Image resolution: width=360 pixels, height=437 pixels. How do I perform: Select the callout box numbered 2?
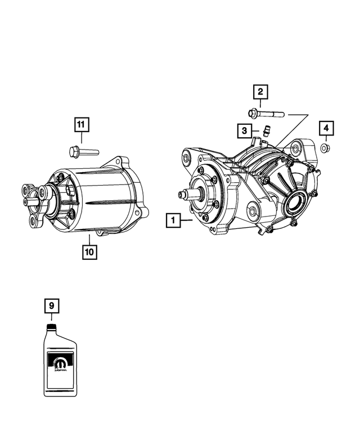coord(260,92)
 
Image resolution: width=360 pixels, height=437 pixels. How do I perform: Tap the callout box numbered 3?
coord(243,130)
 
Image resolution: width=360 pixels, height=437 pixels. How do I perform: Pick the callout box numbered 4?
coord(326,128)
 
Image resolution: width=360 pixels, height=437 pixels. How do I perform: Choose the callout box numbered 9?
coord(51,306)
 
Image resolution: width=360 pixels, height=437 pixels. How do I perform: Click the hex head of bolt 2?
coord(253,113)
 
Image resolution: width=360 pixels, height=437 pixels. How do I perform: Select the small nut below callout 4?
coord(326,148)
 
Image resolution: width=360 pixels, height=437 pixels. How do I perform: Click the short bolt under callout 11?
coord(83,151)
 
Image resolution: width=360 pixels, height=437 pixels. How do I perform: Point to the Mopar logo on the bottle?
coord(58,362)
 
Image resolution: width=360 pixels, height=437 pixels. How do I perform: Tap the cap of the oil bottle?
coord(51,326)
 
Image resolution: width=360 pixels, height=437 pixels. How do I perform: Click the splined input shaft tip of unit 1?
coord(182,195)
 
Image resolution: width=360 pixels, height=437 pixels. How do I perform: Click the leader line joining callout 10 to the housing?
coord(89,239)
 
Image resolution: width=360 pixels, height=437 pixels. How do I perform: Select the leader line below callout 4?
coord(326,139)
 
